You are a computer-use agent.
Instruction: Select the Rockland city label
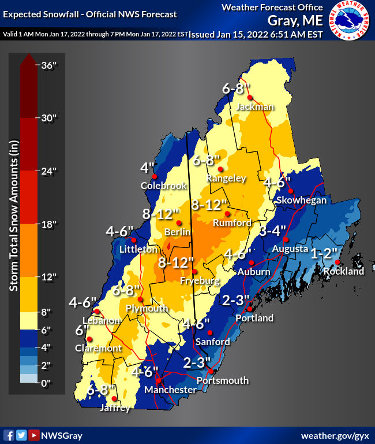coord(344,271)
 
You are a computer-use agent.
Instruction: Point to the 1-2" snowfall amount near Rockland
coord(325,254)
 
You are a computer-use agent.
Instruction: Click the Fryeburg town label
coord(199,281)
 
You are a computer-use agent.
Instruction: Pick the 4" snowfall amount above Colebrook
coord(148,168)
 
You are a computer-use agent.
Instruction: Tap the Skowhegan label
coord(301,200)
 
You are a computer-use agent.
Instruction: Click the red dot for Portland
coord(249,310)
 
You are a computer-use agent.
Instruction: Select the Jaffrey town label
coord(115,408)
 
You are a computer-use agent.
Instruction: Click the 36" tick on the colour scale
coord(48,65)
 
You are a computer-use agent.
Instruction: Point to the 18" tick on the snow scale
coord(48,224)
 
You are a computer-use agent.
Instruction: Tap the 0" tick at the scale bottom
coord(47,383)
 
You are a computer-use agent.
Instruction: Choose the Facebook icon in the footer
coord(9,435)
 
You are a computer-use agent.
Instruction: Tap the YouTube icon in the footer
coord(34,435)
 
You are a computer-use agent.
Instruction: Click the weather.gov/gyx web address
coord(335,435)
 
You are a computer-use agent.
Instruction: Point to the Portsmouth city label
coord(223,380)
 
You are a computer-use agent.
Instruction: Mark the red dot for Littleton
coord(133,240)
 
